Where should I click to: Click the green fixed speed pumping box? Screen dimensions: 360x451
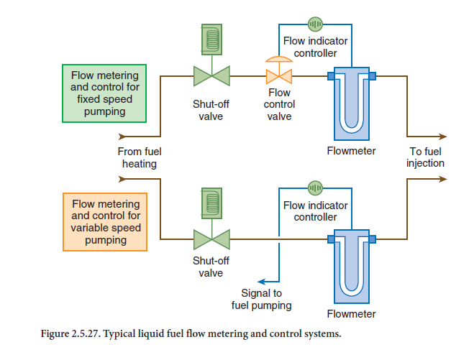pyautogui.click(x=105, y=92)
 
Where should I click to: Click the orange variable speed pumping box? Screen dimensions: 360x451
pyautogui.click(x=105, y=222)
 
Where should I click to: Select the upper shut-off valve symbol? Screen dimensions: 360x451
pyautogui.click(x=211, y=75)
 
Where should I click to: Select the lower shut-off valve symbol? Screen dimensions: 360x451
pyautogui.click(x=211, y=239)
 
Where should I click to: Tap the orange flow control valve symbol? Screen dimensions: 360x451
pyautogui.click(x=278, y=75)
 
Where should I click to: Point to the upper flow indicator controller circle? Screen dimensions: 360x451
pyautogui.click(x=315, y=24)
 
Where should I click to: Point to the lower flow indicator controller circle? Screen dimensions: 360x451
pyautogui.click(x=315, y=188)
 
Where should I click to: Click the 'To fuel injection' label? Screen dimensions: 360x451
pyautogui.click(x=426, y=157)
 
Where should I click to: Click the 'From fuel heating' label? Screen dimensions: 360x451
pyautogui.click(x=140, y=157)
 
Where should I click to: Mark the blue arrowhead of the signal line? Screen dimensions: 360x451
pyautogui.click(x=262, y=281)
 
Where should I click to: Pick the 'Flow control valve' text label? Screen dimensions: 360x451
pyautogui.click(x=279, y=105)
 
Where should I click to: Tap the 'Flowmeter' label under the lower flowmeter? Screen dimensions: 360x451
pyautogui.click(x=351, y=314)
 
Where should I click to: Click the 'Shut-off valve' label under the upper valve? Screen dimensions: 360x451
pyautogui.click(x=211, y=111)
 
